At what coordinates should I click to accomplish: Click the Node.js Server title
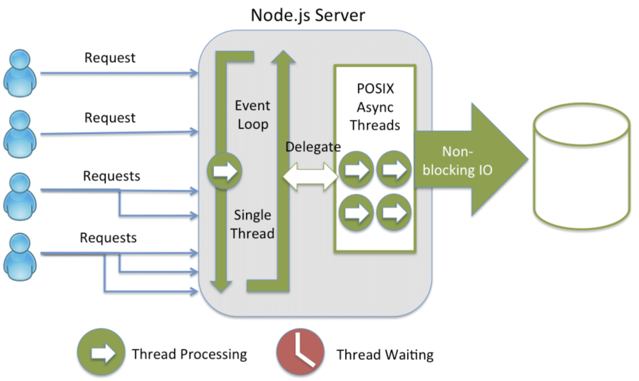tap(307, 14)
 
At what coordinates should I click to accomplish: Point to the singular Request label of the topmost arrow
tap(110, 57)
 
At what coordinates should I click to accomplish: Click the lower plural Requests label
tap(108, 238)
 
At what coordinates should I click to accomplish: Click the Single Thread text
tap(252, 224)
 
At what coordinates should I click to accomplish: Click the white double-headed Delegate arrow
tap(312, 176)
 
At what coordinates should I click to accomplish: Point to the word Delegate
tap(313, 147)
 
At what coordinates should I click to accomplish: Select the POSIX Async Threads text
tap(375, 105)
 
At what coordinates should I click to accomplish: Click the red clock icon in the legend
tap(298, 353)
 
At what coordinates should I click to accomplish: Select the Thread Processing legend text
tap(189, 354)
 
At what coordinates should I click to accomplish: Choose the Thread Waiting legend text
tap(385, 354)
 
